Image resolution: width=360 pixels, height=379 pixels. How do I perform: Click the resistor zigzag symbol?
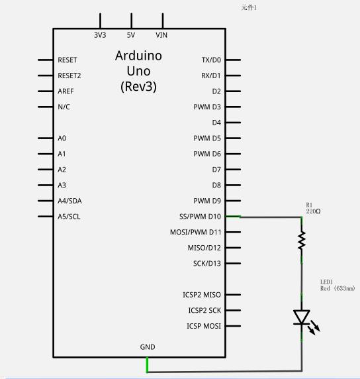pos(301,241)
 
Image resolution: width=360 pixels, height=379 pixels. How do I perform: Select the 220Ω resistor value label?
pos(313,211)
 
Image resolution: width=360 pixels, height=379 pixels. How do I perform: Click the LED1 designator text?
pos(326,282)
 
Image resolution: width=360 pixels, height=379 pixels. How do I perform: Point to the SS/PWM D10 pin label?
pos(200,217)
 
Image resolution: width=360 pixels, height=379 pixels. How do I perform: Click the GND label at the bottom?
pos(148,347)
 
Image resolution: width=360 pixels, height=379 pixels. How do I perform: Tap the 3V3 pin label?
pos(100,35)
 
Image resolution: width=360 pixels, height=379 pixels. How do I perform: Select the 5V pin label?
pos(131,35)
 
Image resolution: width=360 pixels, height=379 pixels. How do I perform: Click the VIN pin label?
pos(161,35)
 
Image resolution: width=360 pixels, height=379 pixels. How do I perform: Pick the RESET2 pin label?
pos(69,76)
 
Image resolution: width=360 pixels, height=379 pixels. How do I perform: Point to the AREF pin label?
pos(66,91)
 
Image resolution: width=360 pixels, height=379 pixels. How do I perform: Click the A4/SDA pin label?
pos(69,201)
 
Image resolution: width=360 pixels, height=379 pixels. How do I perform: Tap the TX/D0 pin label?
pos(211,60)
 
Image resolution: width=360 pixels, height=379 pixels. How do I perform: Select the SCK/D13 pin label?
pos(207,264)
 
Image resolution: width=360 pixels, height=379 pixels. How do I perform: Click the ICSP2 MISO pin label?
pos(202,295)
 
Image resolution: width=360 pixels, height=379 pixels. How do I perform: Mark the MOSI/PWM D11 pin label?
pos(196,233)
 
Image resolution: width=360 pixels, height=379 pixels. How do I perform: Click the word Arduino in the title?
pos(138,56)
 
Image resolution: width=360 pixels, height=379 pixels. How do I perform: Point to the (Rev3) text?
pos(138,87)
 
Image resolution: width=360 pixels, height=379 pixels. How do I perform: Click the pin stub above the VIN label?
pos(163,21)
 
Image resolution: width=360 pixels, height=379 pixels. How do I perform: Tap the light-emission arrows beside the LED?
pos(314,327)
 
